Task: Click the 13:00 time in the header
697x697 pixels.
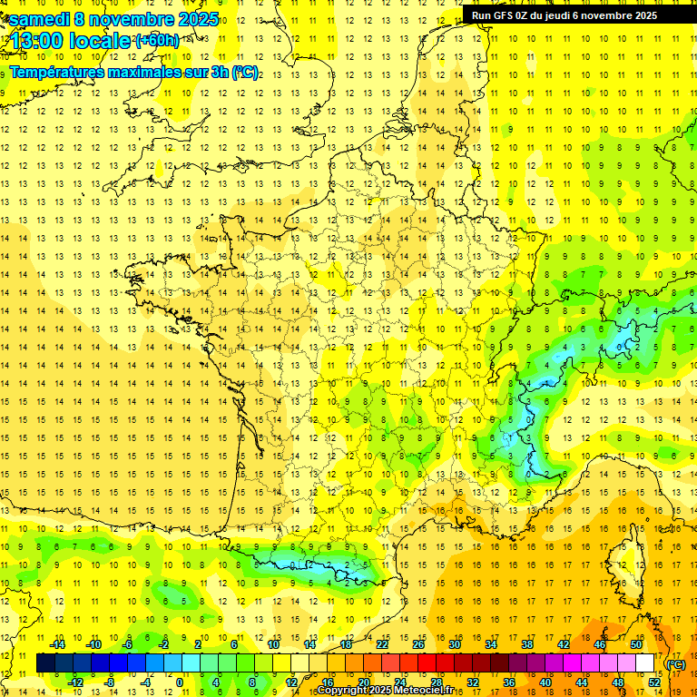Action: tap(42, 41)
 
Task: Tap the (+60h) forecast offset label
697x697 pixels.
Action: tap(156, 41)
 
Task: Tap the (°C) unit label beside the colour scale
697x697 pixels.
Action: tap(675, 663)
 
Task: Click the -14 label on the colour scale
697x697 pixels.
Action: tap(57, 644)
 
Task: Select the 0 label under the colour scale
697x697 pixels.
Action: tap(179, 682)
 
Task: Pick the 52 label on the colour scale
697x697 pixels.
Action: tap(654, 682)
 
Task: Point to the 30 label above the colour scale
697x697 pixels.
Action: tap(454, 644)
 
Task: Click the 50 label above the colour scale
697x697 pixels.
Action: tap(635, 644)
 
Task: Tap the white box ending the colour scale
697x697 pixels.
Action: tap(645, 663)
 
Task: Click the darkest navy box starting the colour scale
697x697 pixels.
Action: tap(45, 663)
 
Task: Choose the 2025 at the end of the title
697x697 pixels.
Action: tap(197, 19)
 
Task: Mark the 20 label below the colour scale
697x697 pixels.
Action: tap(363, 682)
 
